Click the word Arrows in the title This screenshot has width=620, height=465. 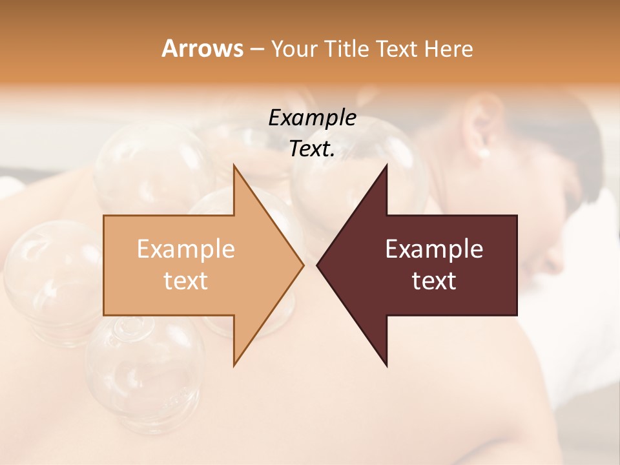(202, 48)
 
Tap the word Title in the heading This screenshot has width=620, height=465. (347, 49)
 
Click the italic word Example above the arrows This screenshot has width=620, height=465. (313, 118)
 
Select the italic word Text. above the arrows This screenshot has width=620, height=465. (313, 149)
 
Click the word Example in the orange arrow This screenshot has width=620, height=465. (186, 249)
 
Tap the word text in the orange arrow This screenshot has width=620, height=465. (186, 281)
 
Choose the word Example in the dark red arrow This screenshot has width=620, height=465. (434, 249)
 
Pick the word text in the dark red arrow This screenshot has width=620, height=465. (434, 281)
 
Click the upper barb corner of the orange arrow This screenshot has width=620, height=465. (234, 166)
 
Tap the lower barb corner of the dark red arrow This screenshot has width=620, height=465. (386, 365)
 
